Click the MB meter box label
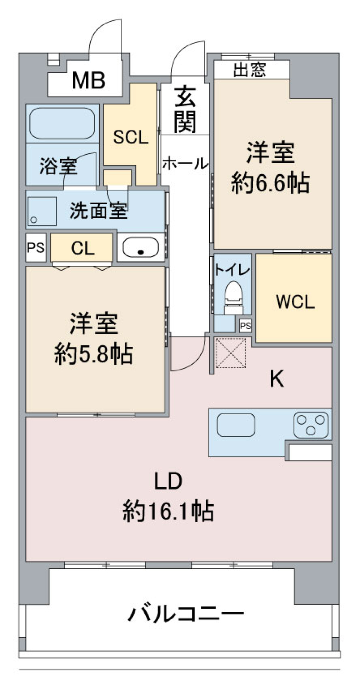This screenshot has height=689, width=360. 88,80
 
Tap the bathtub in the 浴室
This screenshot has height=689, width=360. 62,123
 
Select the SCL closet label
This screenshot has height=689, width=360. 130,137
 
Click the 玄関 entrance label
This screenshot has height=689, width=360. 185,109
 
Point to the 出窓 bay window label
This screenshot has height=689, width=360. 250,70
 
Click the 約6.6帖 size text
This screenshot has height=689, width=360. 270,183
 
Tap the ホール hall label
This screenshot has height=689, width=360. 185,163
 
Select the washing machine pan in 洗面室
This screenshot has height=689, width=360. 41,211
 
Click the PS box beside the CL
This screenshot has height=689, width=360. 36,248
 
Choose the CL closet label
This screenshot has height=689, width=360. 82,248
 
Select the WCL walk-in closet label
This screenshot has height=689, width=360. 295,302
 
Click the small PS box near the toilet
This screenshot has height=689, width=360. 245,326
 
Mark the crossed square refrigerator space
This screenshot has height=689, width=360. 230,353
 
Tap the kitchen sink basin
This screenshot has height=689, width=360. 236,425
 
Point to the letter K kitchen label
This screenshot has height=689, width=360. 277,379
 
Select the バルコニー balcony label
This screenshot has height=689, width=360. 186,614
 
